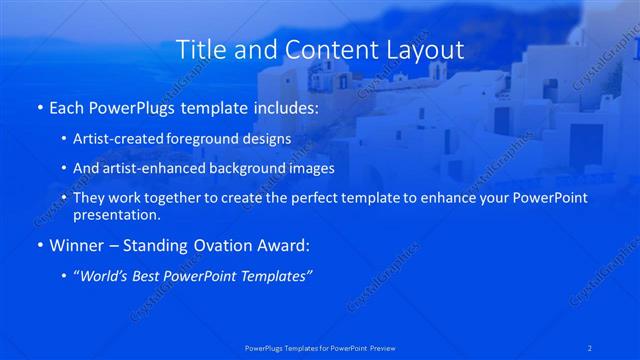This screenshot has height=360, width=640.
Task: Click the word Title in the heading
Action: coord(198,49)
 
